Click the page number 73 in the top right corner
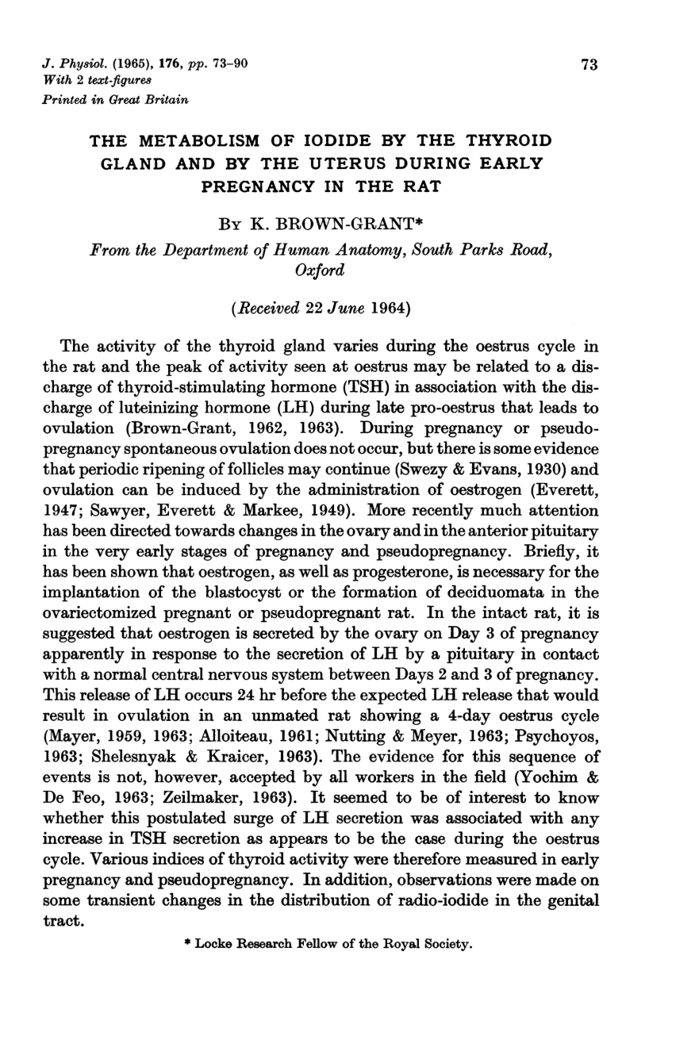point(588,66)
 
